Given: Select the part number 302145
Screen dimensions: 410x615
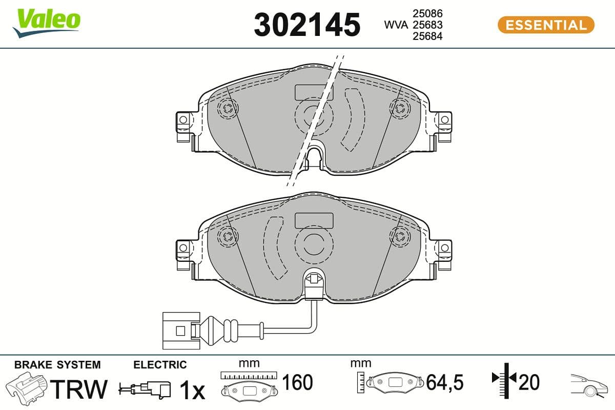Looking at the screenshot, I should point(307,25).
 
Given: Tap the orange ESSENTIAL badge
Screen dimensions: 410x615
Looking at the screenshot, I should point(546,25).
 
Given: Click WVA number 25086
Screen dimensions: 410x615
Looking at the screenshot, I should point(427,13).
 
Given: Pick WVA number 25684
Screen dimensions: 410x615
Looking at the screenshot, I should point(427,36).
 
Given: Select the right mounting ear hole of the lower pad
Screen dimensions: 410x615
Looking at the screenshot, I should point(444,248).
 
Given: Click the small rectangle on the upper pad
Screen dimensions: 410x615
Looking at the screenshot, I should point(314,92).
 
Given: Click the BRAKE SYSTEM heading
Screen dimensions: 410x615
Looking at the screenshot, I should point(57,365).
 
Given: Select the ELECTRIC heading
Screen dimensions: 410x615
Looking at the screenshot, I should point(160,365).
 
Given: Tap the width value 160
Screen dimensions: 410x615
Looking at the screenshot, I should point(297,382).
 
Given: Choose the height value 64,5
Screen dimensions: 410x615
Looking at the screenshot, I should point(445,382).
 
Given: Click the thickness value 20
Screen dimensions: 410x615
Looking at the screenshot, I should point(529,382).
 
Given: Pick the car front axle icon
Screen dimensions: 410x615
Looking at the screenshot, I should point(590,385).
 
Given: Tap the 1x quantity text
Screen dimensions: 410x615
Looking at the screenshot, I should point(192,391).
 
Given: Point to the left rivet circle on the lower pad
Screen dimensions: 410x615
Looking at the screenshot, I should point(227,236).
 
